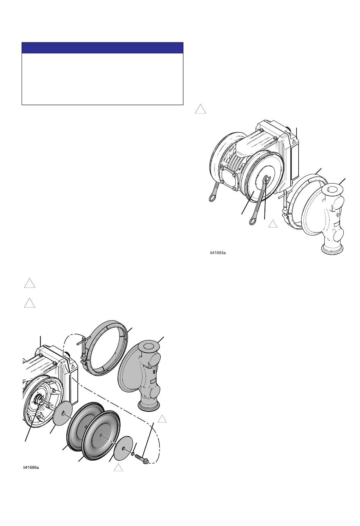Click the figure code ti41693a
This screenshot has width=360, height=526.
point(218,253)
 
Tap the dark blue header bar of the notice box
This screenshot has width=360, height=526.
point(102,48)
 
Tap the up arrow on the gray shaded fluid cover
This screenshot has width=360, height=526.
point(154,371)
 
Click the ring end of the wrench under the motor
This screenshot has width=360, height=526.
point(212,197)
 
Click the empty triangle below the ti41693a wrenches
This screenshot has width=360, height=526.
point(273,224)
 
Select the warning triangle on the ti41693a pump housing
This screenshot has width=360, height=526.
point(294,141)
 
